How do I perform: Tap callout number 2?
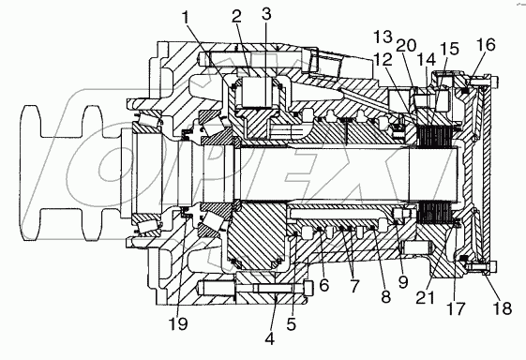[237, 16]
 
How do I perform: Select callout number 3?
[266, 14]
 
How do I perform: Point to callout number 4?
[270, 338]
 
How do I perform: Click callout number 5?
[291, 323]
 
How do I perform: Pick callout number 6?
[324, 285]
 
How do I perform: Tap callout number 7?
[353, 286]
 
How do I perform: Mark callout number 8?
[385, 296]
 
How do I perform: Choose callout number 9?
[403, 282]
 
